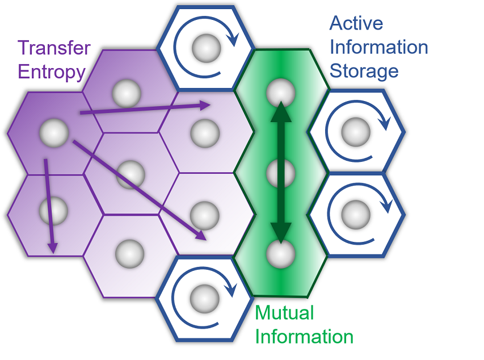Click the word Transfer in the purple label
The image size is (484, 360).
pos(54,48)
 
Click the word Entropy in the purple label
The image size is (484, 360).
pos(51,73)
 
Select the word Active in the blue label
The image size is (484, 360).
pos(356,23)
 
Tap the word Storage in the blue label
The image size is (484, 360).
pos(364,71)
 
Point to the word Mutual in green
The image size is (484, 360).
pos(284,312)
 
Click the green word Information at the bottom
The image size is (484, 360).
pos(304,336)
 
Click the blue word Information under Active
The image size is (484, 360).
pos(378,47)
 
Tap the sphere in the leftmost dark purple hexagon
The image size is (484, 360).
pos(54,133)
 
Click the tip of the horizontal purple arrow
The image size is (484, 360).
pos(211,104)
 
